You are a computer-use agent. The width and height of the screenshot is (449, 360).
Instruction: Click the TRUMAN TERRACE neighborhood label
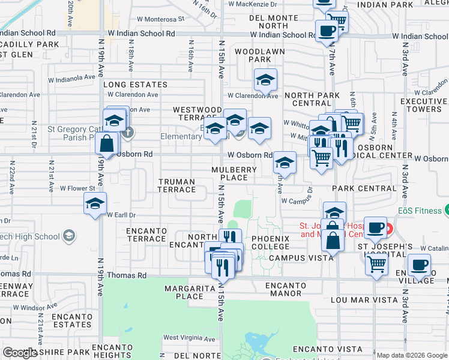point(176,185)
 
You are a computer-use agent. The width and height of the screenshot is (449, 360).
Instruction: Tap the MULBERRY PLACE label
point(234,173)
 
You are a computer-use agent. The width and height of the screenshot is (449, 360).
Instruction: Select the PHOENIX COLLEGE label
point(270,243)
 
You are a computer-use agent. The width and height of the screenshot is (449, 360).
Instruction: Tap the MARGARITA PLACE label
point(185,292)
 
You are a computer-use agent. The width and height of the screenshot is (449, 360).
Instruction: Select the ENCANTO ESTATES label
point(71,320)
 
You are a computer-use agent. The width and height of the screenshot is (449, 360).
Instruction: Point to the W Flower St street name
point(72,188)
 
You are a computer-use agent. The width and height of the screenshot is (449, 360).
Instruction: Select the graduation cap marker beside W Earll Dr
point(95,204)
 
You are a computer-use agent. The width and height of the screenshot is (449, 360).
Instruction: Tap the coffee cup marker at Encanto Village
point(419,265)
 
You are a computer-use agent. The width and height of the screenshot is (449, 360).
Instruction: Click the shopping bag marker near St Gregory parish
point(106,144)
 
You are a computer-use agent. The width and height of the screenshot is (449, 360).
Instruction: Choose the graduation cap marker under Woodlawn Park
point(265,80)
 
